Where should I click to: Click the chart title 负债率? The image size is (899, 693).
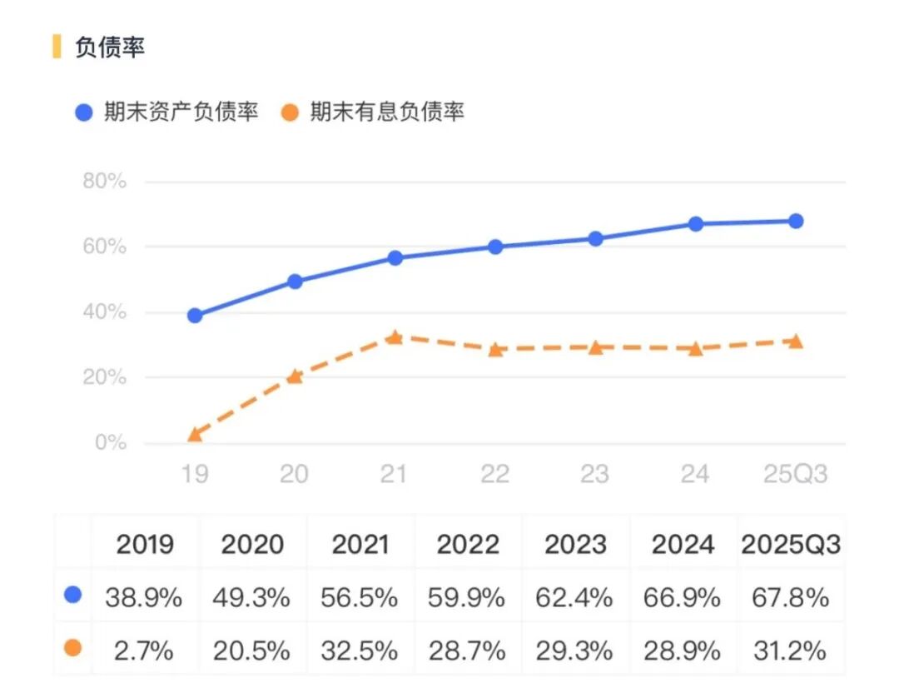(x=110, y=47)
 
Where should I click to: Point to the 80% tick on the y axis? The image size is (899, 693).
(x=105, y=182)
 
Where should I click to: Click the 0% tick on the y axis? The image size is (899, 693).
(x=110, y=443)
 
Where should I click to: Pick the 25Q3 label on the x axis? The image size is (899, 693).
(x=796, y=474)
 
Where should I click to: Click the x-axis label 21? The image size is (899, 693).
(x=394, y=474)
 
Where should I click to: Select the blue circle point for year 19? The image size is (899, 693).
(x=195, y=316)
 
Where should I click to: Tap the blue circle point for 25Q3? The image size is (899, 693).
(x=796, y=222)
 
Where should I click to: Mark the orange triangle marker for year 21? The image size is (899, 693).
(x=395, y=337)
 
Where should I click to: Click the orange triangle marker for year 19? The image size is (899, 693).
(x=195, y=434)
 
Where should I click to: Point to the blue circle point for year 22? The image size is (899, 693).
(x=495, y=247)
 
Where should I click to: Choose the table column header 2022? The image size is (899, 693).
(x=468, y=545)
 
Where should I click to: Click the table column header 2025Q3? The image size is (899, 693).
(x=790, y=545)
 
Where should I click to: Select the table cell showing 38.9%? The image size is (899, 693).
(x=143, y=597)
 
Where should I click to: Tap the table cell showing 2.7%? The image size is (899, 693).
(x=143, y=650)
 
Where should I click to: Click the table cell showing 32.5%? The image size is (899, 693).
(x=360, y=650)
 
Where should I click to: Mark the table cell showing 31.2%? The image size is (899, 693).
(x=790, y=650)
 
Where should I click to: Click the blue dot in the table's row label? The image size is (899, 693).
(x=73, y=595)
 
